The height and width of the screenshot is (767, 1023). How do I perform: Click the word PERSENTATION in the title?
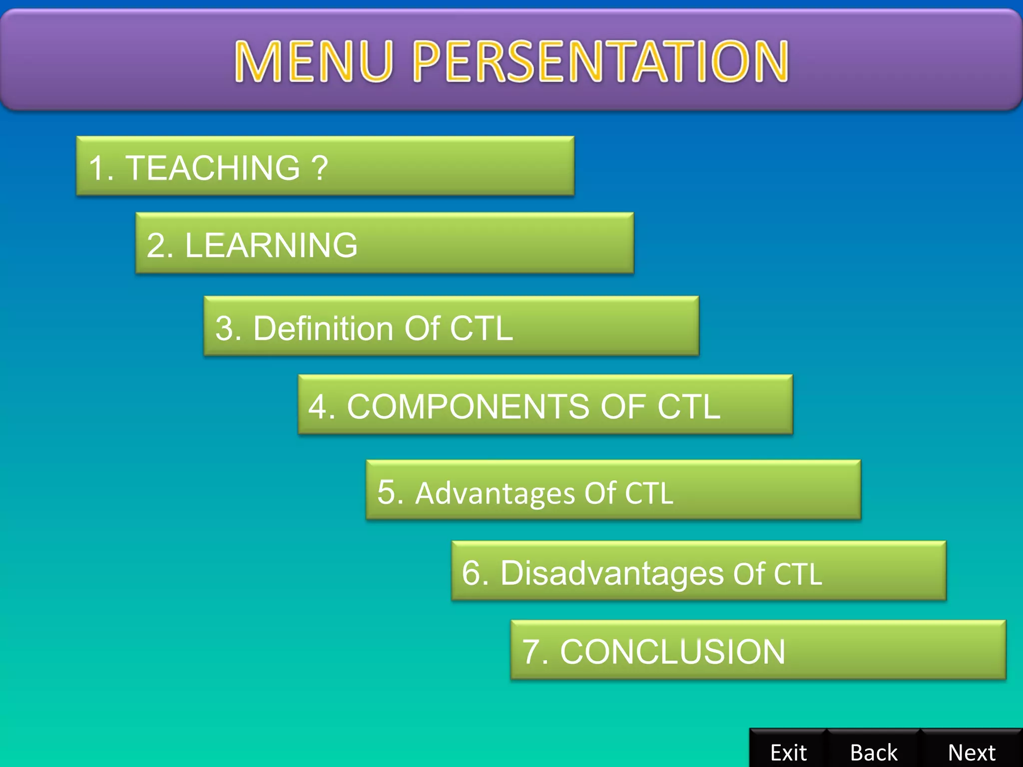pyautogui.click(x=601, y=61)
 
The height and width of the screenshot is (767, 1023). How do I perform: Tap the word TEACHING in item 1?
pyautogui.click(x=213, y=168)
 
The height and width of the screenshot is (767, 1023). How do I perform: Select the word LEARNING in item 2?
pyautogui.click(x=271, y=245)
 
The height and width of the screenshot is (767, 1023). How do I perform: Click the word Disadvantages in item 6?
pyautogui.click(x=612, y=573)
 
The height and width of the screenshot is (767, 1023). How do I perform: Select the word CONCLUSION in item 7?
pyautogui.click(x=672, y=652)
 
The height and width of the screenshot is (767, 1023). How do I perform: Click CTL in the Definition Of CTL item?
pyautogui.click(x=481, y=329)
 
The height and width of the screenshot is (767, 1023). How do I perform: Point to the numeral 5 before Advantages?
pyautogui.click(x=387, y=492)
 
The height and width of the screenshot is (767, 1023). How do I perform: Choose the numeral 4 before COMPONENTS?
pyautogui.click(x=318, y=406)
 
